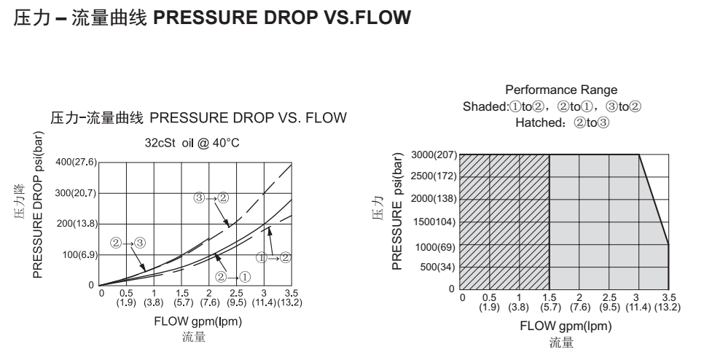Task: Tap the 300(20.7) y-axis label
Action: (76, 193)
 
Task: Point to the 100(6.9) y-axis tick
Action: (79, 255)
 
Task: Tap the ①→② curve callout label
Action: (275, 257)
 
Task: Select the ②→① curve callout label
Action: (234, 276)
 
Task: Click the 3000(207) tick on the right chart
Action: (433, 155)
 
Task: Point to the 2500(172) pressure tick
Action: (433, 176)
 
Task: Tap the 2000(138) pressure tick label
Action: (433, 199)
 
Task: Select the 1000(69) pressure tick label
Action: (435, 246)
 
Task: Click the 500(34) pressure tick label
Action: (437, 267)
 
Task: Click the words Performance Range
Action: (561, 90)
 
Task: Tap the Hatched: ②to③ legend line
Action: (562, 122)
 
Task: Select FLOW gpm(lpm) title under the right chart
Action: (565, 326)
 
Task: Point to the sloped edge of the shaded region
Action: (654, 200)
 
